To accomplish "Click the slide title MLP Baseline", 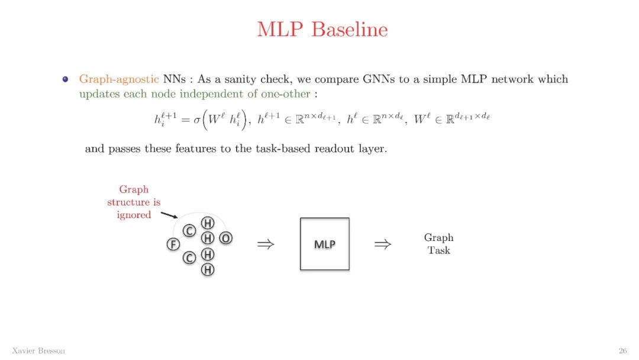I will (322, 29).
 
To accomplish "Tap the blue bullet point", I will (66, 79).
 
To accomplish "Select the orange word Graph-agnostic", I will (119, 79).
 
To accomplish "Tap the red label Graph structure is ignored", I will (134, 202).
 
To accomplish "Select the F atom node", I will (173, 244).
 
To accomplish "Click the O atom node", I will (225, 238).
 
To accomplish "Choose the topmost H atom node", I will (208, 223).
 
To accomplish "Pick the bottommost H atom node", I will (208, 270).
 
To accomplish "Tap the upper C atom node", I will (189, 231).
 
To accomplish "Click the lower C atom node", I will (189, 258).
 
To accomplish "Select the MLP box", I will (324, 244).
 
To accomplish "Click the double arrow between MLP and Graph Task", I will (383, 244).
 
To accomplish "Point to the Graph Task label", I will (438, 244).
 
